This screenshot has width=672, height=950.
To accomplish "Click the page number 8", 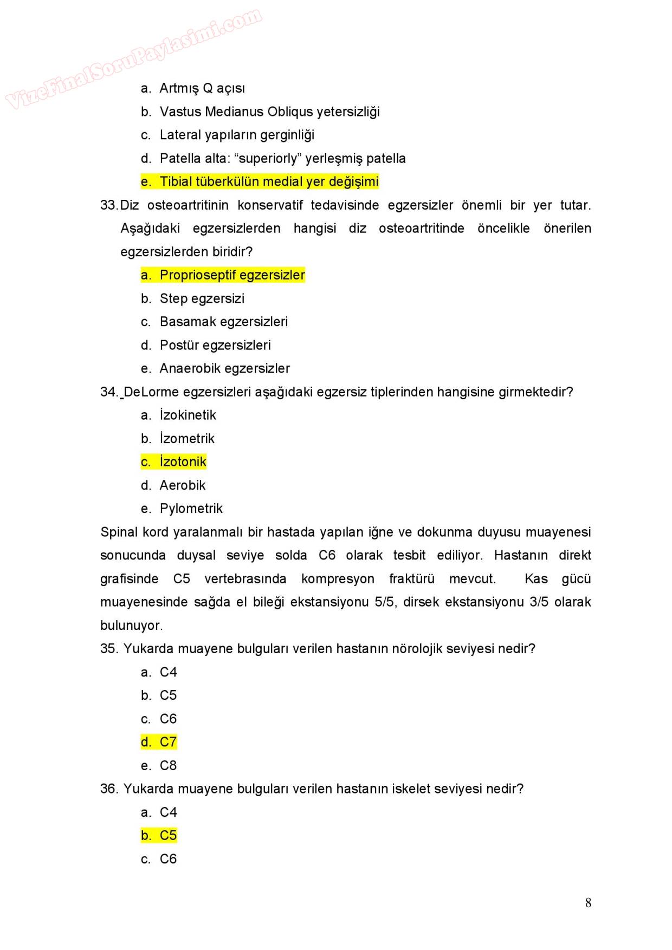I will point(588,902).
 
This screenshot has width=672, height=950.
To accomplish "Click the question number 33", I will point(108,205).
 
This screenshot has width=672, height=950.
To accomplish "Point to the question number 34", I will point(108,392).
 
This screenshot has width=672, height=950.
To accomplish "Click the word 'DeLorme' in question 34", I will point(152,392).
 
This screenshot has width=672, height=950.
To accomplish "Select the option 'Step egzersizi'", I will point(202,298).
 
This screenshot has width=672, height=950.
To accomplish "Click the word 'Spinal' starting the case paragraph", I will point(119,532).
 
